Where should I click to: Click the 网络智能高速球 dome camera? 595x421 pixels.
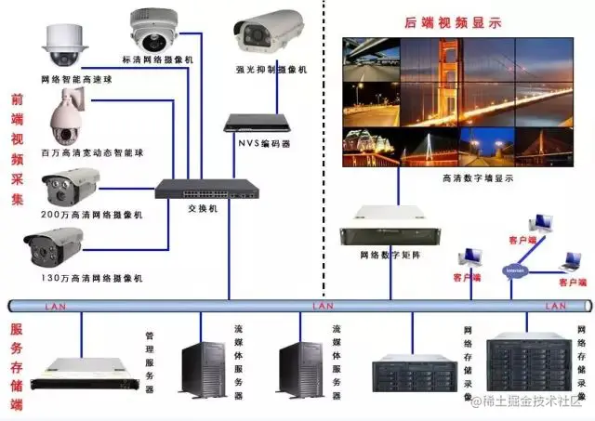(63, 42)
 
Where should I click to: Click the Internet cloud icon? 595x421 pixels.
(514, 271)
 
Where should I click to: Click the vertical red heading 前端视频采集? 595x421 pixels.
(17, 149)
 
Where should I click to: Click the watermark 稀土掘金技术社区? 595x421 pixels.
(526, 401)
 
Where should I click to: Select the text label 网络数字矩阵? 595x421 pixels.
(389, 255)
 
